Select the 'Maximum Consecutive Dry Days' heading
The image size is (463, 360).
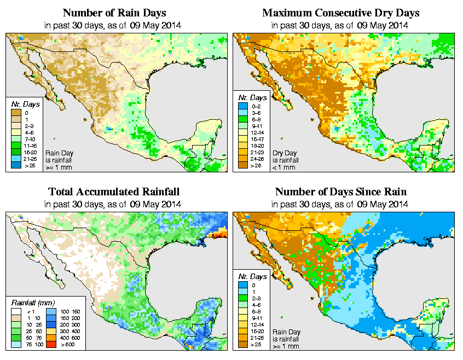[341, 12]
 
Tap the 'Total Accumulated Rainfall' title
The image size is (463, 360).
[113, 191]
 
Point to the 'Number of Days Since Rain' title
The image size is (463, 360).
[341, 191]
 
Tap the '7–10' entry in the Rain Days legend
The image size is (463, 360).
[28, 140]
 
